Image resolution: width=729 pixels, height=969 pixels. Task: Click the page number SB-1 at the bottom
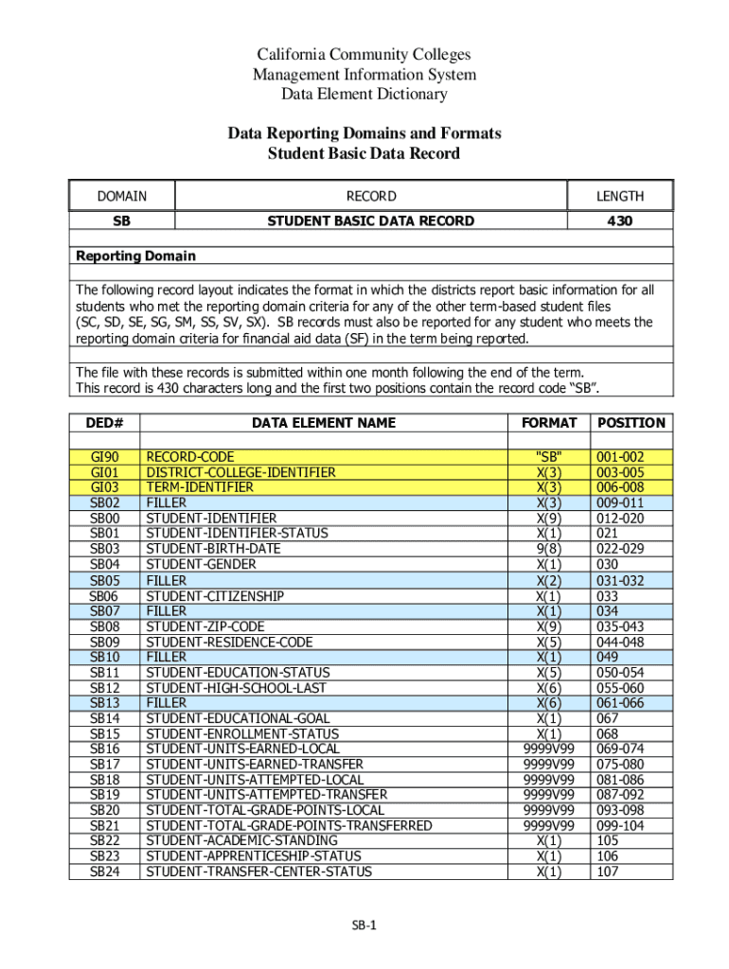[364, 926]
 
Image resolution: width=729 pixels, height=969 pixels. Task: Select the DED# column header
[104, 423]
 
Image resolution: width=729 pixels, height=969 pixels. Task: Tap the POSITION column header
[631, 423]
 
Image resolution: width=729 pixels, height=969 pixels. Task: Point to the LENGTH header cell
[619, 196]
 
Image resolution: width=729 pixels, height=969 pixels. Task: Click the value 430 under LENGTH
[619, 220]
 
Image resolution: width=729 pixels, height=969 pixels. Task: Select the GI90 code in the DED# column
[104, 457]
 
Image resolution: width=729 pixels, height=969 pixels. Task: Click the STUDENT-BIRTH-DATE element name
[213, 549]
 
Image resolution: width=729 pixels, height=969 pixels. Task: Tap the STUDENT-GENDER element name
[201, 564]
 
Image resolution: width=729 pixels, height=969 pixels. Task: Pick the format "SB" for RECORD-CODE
[548, 457]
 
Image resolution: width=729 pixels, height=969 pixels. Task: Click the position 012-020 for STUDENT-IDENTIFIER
[621, 519]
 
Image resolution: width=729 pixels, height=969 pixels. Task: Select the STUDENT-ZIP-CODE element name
[204, 626]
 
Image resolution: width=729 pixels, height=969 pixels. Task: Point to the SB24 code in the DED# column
[104, 872]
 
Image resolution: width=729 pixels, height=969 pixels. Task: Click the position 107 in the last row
[608, 872]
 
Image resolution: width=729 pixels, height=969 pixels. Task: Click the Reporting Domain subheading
[136, 256]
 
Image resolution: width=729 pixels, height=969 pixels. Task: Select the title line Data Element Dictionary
[364, 94]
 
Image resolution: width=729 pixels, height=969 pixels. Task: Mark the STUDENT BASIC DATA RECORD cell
[370, 220]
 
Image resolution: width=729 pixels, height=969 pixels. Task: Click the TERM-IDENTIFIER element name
[200, 487]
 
